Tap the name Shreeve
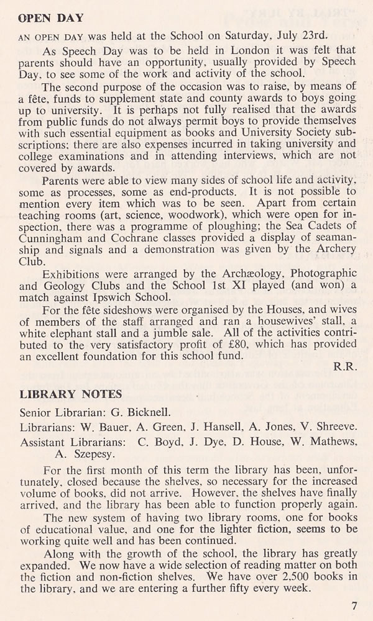point(334,427)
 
